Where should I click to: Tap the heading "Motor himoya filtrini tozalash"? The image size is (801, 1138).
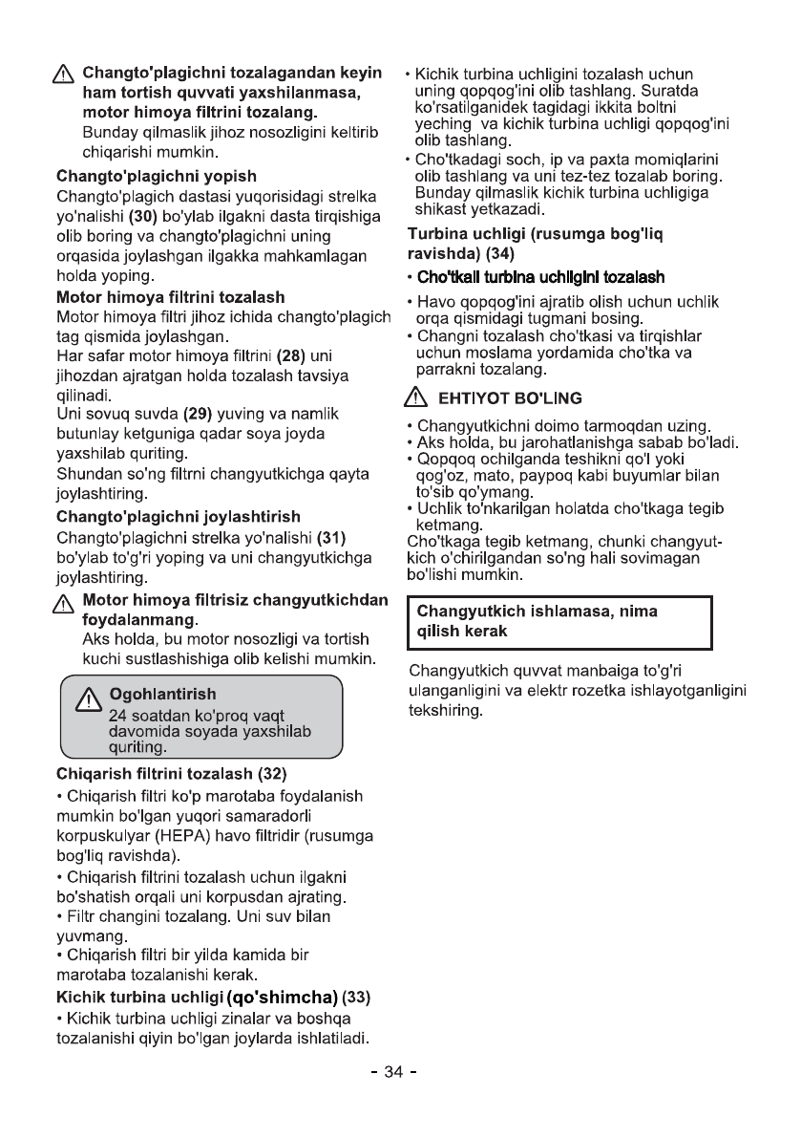click(171, 297)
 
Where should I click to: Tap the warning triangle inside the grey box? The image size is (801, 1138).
click(89, 699)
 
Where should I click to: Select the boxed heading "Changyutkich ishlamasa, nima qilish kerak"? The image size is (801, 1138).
click(534, 621)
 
